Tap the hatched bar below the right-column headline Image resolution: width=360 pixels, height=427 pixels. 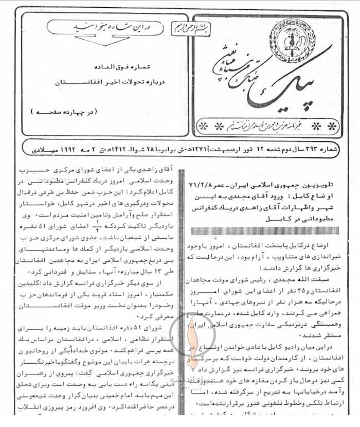click(263, 230)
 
